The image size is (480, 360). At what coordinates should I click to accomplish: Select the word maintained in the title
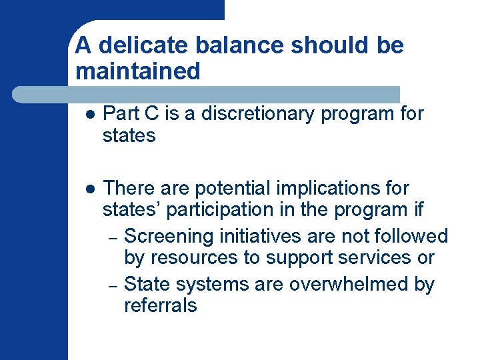click(138, 71)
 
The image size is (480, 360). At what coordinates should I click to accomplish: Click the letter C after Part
click(151, 114)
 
